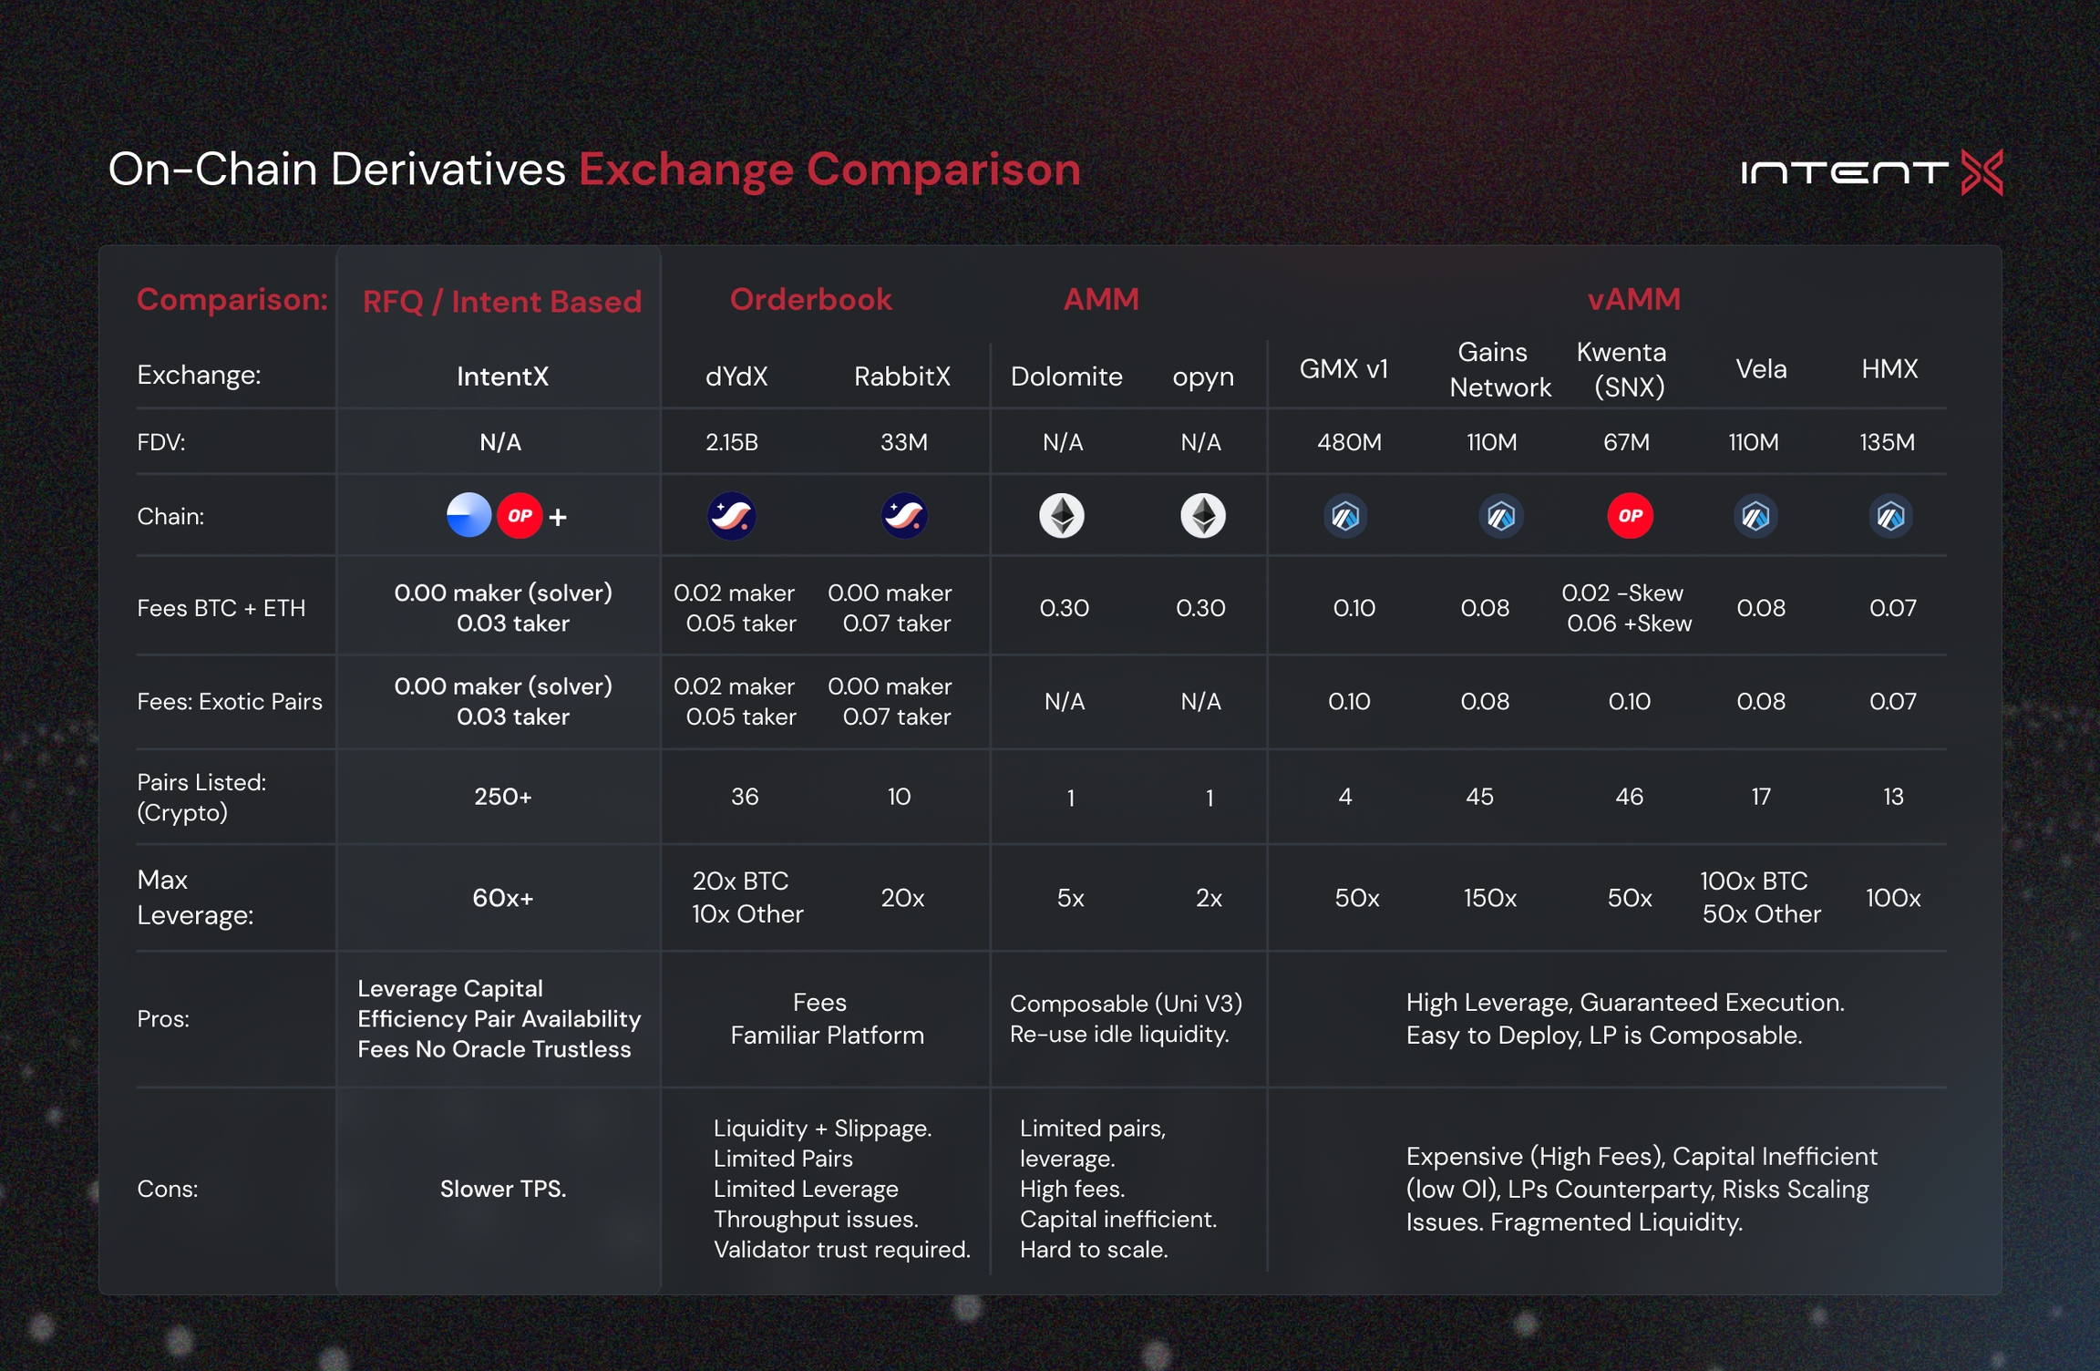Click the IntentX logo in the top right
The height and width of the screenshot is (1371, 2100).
tap(1870, 172)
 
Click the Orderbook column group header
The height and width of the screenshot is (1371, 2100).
tap(810, 300)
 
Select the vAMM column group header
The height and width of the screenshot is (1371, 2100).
tap(1633, 300)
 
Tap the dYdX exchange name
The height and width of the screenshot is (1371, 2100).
tap(736, 376)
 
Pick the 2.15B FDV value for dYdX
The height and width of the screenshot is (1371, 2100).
tap(732, 443)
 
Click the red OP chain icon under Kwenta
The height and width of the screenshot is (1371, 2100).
tap(1630, 516)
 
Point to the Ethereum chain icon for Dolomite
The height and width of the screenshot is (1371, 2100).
tap(1062, 516)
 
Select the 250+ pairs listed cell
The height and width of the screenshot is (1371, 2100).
tap(502, 797)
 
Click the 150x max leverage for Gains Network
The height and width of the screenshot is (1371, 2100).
tap(1489, 899)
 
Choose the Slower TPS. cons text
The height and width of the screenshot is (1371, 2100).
tap(503, 1190)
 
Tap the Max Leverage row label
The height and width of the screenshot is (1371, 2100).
tap(194, 898)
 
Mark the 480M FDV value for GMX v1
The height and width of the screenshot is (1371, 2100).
tap(1349, 443)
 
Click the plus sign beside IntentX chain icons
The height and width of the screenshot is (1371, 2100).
tap(558, 518)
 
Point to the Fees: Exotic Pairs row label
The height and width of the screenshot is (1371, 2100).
tap(230, 702)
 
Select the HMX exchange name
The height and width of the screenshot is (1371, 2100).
tap(1889, 369)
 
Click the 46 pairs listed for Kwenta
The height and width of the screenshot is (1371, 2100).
tap(1629, 798)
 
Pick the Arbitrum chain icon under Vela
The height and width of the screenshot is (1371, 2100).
tap(1755, 517)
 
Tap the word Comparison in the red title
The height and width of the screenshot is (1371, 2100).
tap(943, 170)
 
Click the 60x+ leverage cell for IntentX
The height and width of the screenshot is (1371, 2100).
tap(502, 899)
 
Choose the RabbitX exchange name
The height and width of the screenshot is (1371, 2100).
tap(901, 376)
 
